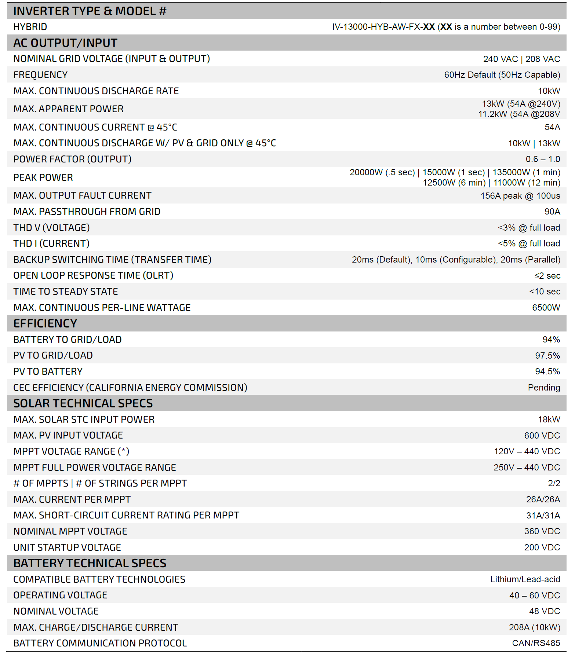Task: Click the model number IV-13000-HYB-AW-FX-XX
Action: click(x=383, y=27)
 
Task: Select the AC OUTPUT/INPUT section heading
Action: click(x=65, y=43)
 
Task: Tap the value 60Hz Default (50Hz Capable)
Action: click(x=502, y=75)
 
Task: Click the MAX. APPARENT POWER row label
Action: click(x=68, y=109)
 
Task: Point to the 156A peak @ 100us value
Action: click(x=520, y=196)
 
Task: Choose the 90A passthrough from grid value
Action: click(x=552, y=212)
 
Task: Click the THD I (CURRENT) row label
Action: click(x=51, y=243)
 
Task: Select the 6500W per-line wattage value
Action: click(x=546, y=308)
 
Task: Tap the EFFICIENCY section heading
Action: click(x=45, y=323)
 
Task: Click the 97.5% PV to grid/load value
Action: click(x=547, y=356)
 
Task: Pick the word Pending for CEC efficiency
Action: click(x=544, y=388)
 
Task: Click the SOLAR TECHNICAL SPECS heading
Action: click(x=83, y=403)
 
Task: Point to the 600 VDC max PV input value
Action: click(x=542, y=436)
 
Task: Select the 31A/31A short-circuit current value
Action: click(x=543, y=516)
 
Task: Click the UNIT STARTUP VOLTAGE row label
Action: click(x=67, y=547)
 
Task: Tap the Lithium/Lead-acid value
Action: click(x=525, y=579)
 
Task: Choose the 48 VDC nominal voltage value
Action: click(x=545, y=611)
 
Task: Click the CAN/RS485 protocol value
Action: click(x=536, y=643)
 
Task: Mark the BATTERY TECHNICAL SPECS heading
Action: click(x=90, y=563)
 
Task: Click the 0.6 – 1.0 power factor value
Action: click(x=543, y=159)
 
